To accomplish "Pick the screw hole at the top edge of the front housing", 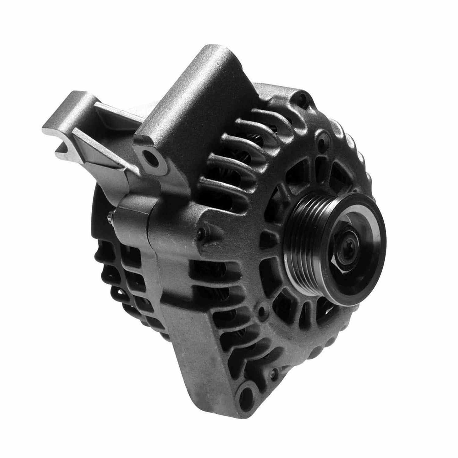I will coord(302,98).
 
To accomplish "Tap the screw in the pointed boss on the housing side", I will coord(200,234).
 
